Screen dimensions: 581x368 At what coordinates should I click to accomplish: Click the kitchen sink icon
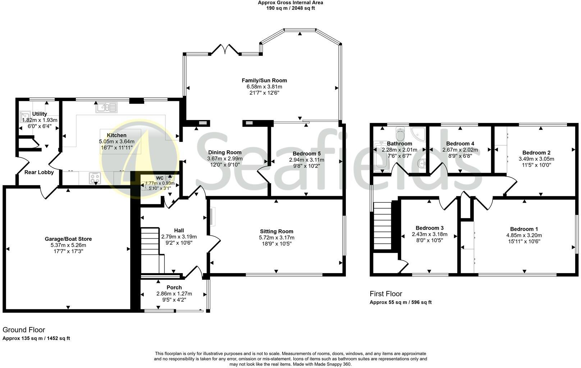pos(106,107)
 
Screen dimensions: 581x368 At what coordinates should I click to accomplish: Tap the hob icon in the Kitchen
pos(95,178)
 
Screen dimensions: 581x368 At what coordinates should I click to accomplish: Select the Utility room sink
pos(25,116)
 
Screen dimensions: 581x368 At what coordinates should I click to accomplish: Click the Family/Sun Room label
pos(264,80)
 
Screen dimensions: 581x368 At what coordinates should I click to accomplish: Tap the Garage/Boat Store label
pos(68,239)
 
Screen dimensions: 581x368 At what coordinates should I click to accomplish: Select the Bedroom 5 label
pos(307,153)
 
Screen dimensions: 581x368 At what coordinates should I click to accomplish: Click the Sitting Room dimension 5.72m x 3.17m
pos(276,238)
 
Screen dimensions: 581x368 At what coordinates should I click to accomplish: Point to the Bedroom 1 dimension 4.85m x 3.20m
pos(524,235)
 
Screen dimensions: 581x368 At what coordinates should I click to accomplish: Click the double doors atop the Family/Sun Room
pos(225,49)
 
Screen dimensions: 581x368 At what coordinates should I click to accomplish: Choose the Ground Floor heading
pos(24,330)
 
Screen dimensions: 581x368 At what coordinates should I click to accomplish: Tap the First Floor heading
pos(386,294)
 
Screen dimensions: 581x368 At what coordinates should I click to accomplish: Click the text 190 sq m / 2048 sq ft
pos(290,8)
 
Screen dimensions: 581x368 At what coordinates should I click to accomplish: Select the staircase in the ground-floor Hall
pos(152,250)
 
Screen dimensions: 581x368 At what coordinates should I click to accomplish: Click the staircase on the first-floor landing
pos(382,226)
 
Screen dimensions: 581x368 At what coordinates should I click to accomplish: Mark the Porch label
pos(174,287)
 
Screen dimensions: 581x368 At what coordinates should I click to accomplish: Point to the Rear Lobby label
pos(39,172)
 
